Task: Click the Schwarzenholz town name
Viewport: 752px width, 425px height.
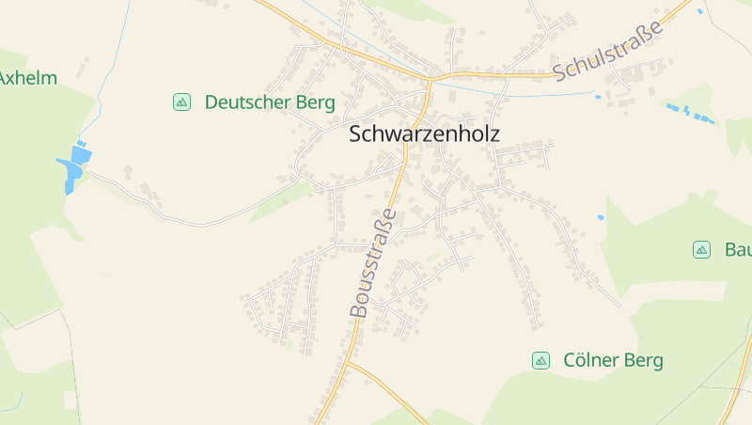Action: pyautogui.click(x=424, y=134)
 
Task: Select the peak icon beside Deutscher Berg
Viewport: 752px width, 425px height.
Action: pyautogui.click(x=182, y=102)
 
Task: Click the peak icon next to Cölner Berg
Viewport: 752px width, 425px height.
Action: pyautogui.click(x=540, y=360)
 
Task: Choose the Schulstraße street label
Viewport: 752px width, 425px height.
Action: pyautogui.click(x=608, y=50)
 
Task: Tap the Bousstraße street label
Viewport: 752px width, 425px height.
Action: pyautogui.click(x=372, y=262)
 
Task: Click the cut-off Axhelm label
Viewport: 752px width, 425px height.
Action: pyautogui.click(x=27, y=78)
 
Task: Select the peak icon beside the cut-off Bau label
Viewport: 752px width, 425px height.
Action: pyautogui.click(x=701, y=249)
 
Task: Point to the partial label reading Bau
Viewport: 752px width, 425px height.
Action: pyautogui.click(x=738, y=249)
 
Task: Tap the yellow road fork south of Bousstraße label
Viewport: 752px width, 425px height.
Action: pyautogui.click(x=347, y=361)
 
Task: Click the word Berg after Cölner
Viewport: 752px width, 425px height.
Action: pyautogui.click(x=646, y=360)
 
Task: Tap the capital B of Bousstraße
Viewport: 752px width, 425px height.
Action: pyautogui.click(x=357, y=308)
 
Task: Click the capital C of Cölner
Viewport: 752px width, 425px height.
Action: pyautogui.click(x=570, y=360)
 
